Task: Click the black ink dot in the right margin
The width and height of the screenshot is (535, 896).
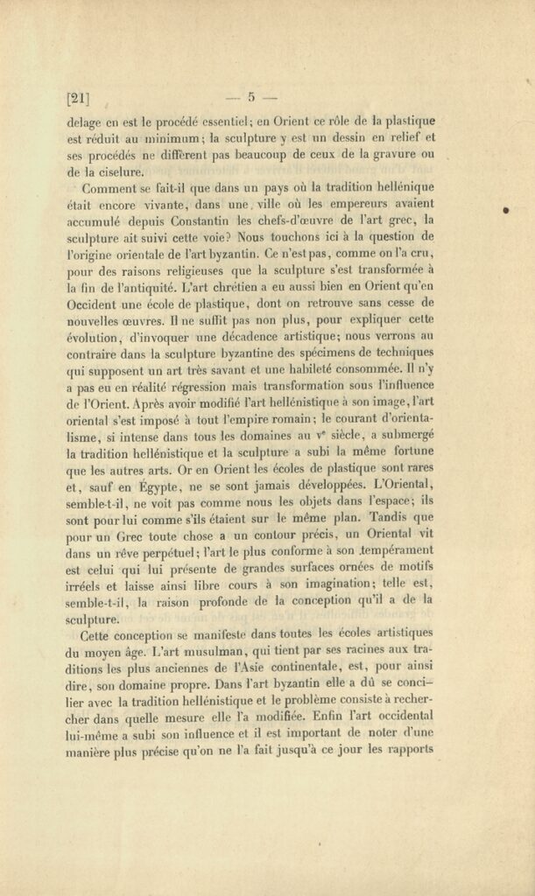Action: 507,210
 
